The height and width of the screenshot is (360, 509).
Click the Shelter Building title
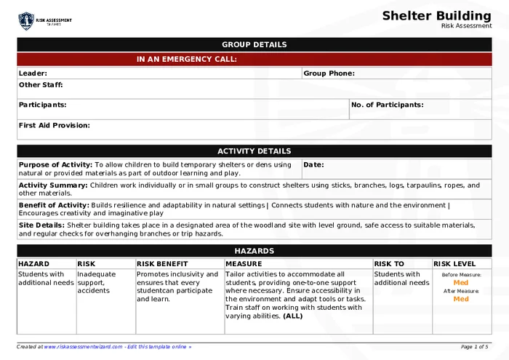436,16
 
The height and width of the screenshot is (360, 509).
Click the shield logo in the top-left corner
26,20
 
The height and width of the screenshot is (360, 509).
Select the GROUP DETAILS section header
254,44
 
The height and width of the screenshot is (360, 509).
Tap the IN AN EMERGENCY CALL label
186,60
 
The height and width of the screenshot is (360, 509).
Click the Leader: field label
33,73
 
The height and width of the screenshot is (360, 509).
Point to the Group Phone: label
329,73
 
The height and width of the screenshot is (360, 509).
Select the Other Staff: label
41,85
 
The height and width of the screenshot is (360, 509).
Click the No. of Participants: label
387,105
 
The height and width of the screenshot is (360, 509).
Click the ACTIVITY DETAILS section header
254,151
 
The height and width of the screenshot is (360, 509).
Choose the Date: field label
313,164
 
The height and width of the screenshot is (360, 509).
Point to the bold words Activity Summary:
52,185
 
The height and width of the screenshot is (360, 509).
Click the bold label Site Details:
41,225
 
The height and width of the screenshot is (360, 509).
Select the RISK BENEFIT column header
161,263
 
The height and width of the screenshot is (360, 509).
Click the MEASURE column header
243,263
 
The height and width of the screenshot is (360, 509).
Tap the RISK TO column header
388,263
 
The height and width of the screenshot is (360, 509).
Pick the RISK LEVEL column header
454,263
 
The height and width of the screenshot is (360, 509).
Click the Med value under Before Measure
461,282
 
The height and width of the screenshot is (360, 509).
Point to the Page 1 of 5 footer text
474,347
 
